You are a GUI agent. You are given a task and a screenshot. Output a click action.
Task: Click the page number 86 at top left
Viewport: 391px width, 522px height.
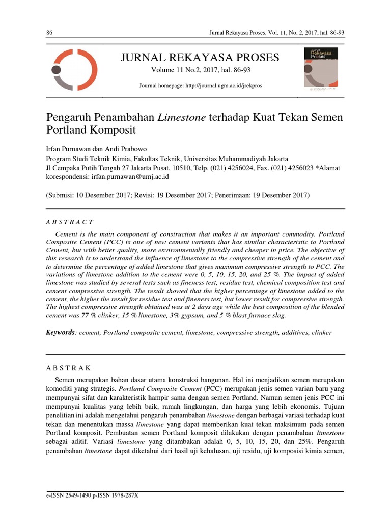click(x=49, y=33)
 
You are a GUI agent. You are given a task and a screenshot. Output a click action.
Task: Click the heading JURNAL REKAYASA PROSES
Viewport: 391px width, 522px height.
click(x=200, y=58)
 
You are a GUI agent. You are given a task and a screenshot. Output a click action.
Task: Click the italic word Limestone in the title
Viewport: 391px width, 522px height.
click(x=182, y=117)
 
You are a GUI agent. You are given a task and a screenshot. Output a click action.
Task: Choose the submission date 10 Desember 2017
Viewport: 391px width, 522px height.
click(x=106, y=195)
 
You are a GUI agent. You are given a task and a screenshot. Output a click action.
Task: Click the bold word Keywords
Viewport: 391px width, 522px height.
click(x=61, y=332)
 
